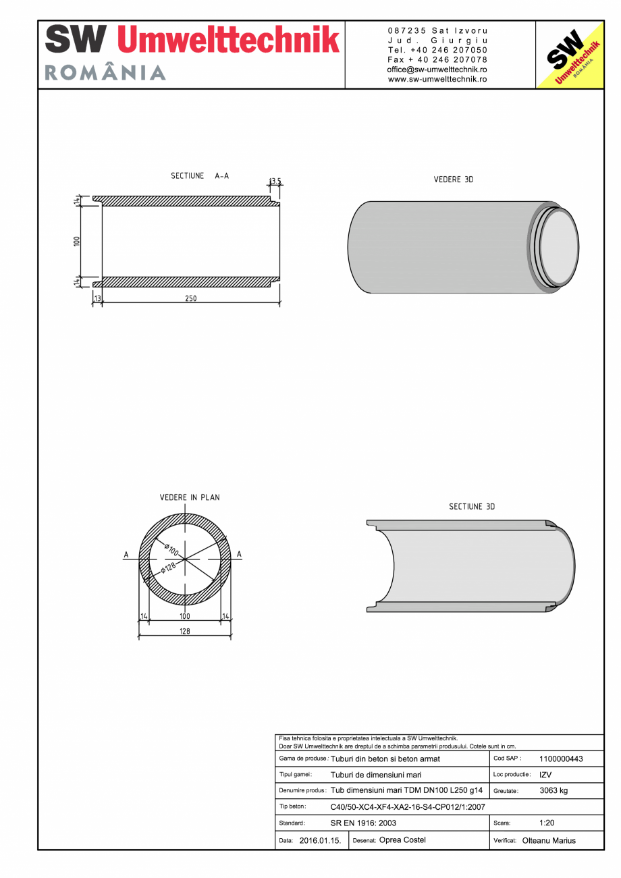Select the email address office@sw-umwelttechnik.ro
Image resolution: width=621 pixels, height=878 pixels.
click(x=437, y=70)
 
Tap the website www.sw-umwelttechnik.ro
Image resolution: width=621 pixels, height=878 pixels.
click(x=437, y=79)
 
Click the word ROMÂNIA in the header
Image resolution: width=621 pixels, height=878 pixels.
click(x=105, y=73)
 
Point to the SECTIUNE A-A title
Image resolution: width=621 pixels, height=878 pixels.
click(x=199, y=176)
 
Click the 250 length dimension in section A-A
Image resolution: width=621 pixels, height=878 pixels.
click(x=191, y=299)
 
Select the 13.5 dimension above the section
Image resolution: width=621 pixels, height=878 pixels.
click(x=275, y=181)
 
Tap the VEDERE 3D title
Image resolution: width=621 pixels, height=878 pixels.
click(x=454, y=180)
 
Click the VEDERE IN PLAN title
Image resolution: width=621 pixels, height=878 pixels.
click(x=189, y=497)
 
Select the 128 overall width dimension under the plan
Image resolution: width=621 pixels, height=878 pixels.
click(x=185, y=631)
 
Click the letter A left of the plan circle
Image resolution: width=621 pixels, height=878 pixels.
click(x=126, y=555)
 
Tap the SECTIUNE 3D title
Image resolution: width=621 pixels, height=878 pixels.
click(x=472, y=506)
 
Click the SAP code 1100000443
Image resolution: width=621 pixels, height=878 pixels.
click(x=561, y=759)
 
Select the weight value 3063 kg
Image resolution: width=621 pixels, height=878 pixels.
click(x=553, y=791)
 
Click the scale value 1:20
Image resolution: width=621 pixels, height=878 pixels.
click(x=547, y=823)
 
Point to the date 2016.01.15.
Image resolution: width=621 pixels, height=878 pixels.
click(x=320, y=841)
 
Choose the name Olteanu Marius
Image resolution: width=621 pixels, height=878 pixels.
click(x=549, y=841)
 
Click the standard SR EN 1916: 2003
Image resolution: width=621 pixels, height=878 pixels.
click(x=363, y=823)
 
